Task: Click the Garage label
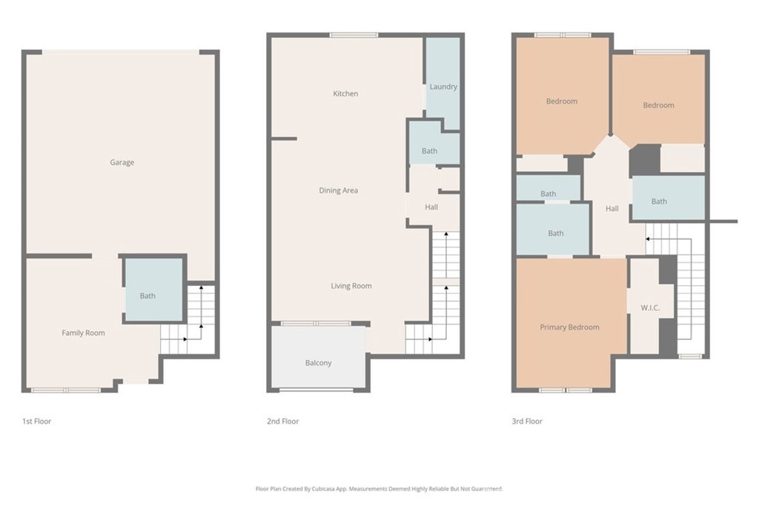pyautogui.click(x=122, y=162)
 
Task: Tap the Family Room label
pyautogui.click(x=83, y=333)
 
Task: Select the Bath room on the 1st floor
pyautogui.click(x=154, y=290)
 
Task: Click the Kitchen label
pyautogui.click(x=345, y=93)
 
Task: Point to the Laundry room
pyautogui.click(x=443, y=83)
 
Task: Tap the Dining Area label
pyautogui.click(x=338, y=190)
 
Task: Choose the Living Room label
pyautogui.click(x=351, y=286)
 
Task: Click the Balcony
pyautogui.click(x=318, y=357)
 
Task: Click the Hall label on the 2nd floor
pyautogui.click(x=431, y=207)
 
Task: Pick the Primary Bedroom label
pyautogui.click(x=570, y=327)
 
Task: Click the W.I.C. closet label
pyautogui.click(x=650, y=307)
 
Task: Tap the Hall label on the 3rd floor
pyautogui.click(x=611, y=208)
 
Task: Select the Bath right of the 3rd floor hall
pyautogui.click(x=669, y=198)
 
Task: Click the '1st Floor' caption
pyautogui.click(x=37, y=422)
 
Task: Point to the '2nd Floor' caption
pyautogui.click(x=282, y=422)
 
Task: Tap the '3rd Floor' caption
pyautogui.click(x=527, y=422)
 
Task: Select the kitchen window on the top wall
pyautogui.click(x=354, y=35)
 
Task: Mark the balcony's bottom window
pyautogui.click(x=316, y=390)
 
